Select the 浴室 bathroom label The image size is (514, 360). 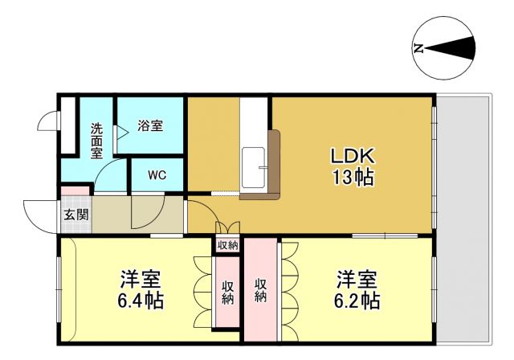(x=149, y=126)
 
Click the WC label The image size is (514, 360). (x=156, y=175)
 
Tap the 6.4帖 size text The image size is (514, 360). (x=141, y=301)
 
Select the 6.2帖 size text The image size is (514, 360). (x=357, y=301)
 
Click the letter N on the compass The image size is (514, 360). (x=418, y=48)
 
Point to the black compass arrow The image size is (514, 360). (x=455, y=48)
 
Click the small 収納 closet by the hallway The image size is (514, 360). (x=227, y=245)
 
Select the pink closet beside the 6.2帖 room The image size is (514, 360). (x=261, y=289)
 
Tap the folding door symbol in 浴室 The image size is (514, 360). (x=120, y=135)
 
